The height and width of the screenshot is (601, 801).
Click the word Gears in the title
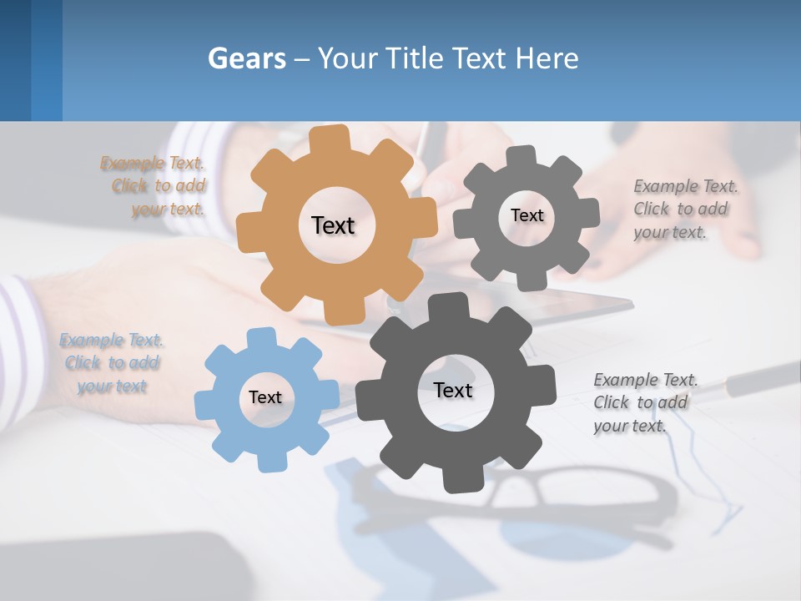pos(246,58)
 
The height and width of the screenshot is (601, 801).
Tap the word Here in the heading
pos(547,58)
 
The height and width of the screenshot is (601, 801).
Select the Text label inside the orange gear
pos(333,225)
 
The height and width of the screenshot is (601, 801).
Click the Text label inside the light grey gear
pos(526,215)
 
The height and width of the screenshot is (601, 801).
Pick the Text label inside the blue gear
pos(265,397)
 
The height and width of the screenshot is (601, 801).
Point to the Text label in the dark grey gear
pos(453,390)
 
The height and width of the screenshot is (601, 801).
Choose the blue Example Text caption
pos(112,363)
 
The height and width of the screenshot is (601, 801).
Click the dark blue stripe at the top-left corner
pos(15,60)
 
